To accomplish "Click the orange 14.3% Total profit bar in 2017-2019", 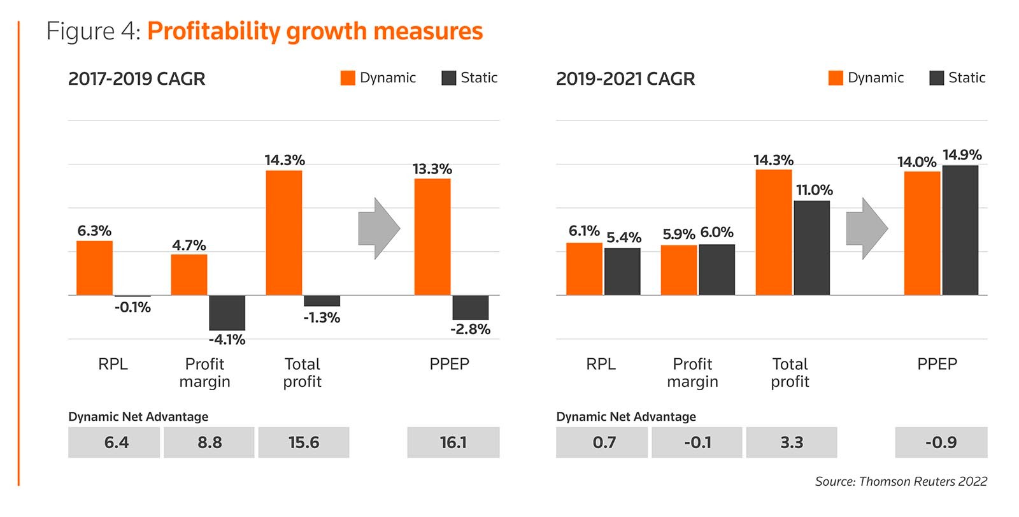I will pyautogui.click(x=284, y=233).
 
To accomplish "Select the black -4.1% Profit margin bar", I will pyautogui.click(x=227, y=312).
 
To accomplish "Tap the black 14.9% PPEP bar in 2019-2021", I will pyautogui.click(x=960, y=230).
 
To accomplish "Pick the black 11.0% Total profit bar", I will pyautogui.click(x=811, y=247).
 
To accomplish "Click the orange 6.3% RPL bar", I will pyautogui.click(x=94, y=268).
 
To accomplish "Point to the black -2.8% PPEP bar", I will pyautogui.click(x=470, y=307).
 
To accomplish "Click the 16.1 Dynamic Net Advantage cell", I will pyautogui.click(x=453, y=442).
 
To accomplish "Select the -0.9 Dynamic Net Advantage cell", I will pyautogui.click(x=941, y=442).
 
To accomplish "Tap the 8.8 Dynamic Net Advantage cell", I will pyautogui.click(x=209, y=442).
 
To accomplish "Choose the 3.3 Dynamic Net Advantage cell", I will pyautogui.click(x=792, y=442).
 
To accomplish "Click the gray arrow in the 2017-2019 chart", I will pyautogui.click(x=379, y=228).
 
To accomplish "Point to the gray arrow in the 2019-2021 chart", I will pyautogui.click(x=867, y=228).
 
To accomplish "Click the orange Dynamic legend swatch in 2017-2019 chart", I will pyautogui.click(x=348, y=78).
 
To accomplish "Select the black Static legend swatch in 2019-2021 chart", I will pyautogui.click(x=936, y=78).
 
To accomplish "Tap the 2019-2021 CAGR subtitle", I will pyautogui.click(x=625, y=79).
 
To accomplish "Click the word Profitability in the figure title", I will pyautogui.click(x=213, y=31).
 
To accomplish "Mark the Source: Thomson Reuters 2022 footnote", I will pyautogui.click(x=901, y=481).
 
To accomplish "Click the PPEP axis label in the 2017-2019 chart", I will pyautogui.click(x=449, y=364).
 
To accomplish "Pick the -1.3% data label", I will pyautogui.click(x=322, y=317).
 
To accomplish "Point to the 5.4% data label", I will pyautogui.click(x=624, y=238).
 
